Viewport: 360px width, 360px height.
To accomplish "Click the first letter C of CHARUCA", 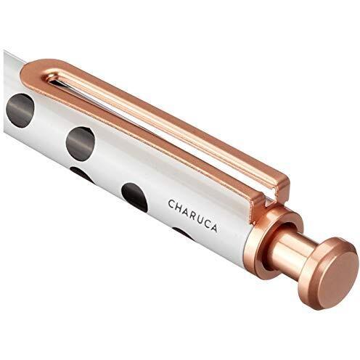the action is tap(172, 205).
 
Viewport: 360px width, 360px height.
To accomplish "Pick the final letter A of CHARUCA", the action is tap(214, 227).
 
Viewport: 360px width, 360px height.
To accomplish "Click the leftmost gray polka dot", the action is tap(20, 110).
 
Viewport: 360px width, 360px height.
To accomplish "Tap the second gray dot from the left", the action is tap(81, 144).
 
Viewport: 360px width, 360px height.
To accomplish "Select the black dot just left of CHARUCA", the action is tap(134, 197).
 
